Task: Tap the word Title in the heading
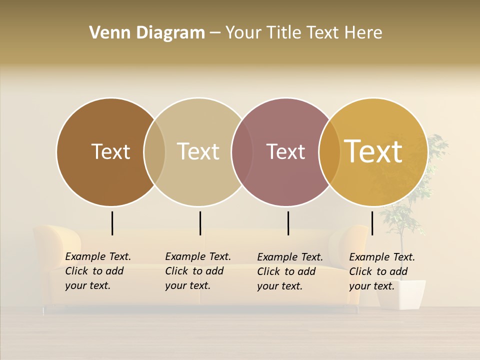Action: [x=283, y=32]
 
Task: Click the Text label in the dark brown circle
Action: [x=110, y=151]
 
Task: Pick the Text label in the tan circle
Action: [x=198, y=151]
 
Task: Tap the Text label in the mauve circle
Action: [x=285, y=151]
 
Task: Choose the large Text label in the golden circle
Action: [x=373, y=151]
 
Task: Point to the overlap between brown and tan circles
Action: [x=154, y=151]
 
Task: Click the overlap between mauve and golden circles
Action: [x=329, y=151]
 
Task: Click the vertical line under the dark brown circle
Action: [x=112, y=223]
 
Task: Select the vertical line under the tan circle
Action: [x=200, y=223]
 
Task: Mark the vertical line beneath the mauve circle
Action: [x=288, y=223]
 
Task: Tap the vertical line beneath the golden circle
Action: [x=372, y=223]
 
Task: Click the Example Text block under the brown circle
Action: [x=98, y=271]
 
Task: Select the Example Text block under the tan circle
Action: [x=198, y=271]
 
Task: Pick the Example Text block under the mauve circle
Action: [x=290, y=271]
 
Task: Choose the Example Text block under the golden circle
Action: [x=382, y=271]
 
